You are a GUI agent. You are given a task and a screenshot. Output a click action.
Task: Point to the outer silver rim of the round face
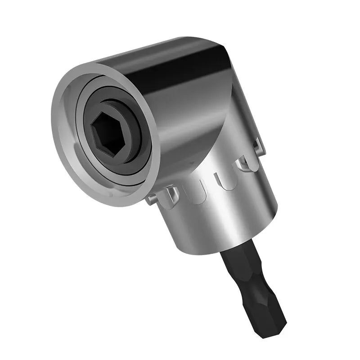click(63, 112)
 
